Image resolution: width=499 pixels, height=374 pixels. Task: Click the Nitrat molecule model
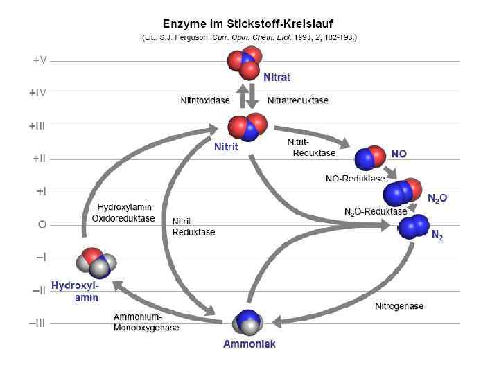coord(245,61)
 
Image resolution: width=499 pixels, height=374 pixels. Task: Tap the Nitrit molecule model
coord(247,127)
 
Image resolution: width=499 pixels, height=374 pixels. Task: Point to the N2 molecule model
coord(414,226)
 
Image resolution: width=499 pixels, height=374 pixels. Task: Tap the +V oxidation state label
coord(40,60)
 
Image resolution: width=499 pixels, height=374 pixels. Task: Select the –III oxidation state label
coord(39,323)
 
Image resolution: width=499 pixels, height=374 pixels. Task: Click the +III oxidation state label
coord(38,126)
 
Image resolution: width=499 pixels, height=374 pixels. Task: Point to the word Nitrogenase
coord(399,305)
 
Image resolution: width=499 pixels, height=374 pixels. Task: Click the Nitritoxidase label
coord(206,100)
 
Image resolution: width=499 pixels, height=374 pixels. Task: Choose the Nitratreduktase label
coord(298,100)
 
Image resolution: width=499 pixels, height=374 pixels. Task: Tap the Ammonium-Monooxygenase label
coord(146,322)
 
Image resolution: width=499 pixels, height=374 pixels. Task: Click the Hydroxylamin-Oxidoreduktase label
coord(125,213)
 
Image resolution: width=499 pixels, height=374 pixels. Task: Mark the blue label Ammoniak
coord(249,344)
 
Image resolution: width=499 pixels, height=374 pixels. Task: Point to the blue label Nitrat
coord(277,75)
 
